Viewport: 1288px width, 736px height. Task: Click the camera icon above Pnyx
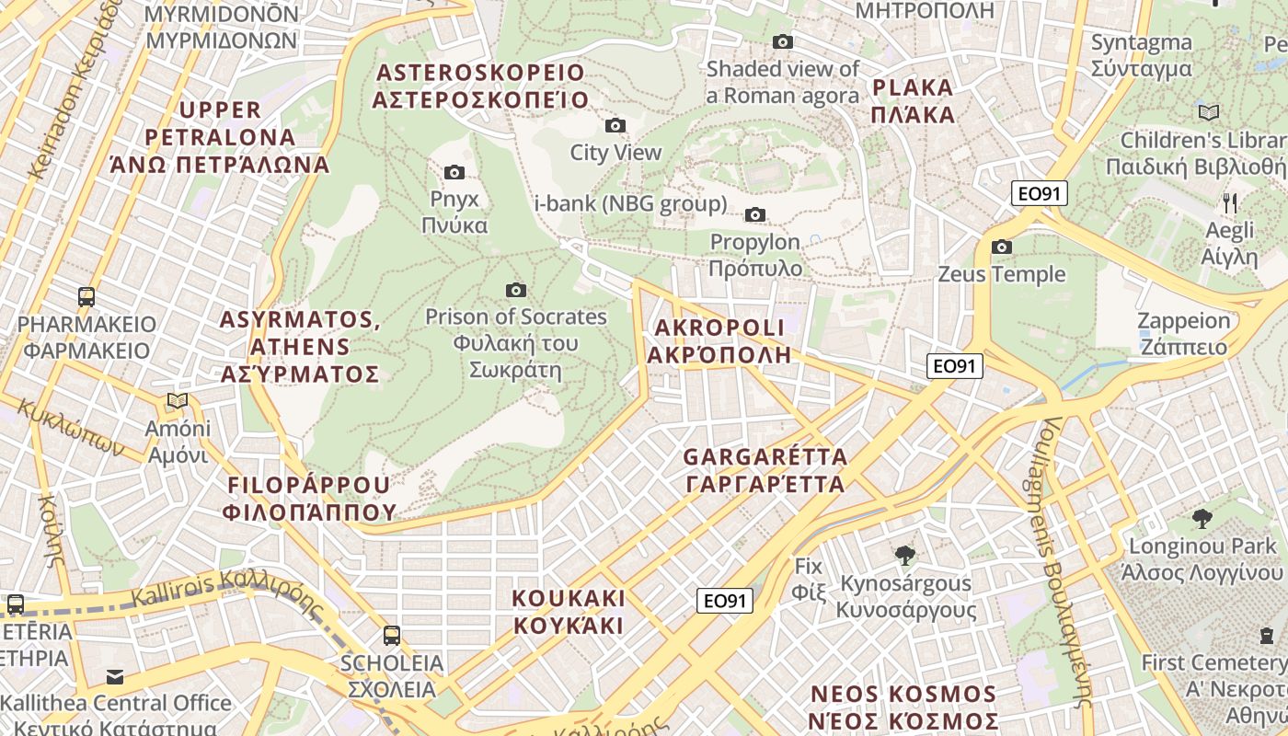point(454,172)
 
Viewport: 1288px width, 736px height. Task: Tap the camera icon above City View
point(615,125)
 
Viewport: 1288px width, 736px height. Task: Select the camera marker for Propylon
point(755,214)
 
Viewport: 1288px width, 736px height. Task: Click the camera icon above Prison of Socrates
point(516,290)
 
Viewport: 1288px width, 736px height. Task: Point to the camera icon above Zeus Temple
point(1002,247)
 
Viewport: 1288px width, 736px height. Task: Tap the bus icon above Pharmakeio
point(86,297)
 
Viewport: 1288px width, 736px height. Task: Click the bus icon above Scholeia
point(392,635)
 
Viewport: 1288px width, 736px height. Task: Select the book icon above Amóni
point(178,401)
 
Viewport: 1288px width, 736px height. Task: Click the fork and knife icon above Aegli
point(1230,203)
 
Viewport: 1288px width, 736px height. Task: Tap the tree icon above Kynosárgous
point(905,555)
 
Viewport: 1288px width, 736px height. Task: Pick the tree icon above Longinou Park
point(1202,519)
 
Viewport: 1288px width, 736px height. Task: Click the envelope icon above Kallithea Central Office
point(114,676)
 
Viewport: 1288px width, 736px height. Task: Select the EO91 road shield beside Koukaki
point(724,601)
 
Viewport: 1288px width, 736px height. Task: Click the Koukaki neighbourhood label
point(569,612)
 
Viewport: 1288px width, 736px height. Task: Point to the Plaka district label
point(913,101)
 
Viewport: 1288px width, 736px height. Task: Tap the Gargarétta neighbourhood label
point(765,470)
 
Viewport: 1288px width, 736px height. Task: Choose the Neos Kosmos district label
point(903,707)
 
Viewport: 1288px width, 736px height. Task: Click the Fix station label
point(809,578)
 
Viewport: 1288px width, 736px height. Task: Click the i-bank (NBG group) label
point(631,203)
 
